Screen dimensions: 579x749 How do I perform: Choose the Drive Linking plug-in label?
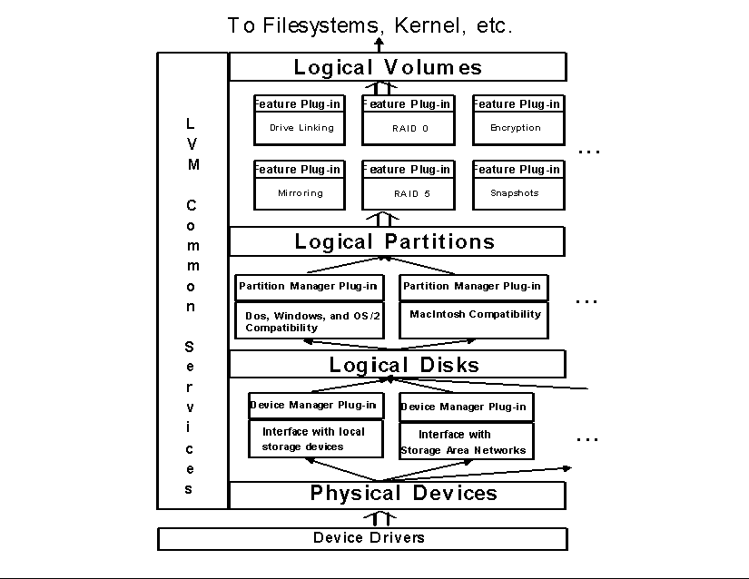(x=301, y=128)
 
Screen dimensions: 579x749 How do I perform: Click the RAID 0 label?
(x=410, y=129)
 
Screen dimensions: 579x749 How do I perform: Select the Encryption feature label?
(x=516, y=128)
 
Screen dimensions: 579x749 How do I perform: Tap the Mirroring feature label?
(x=301, y=193)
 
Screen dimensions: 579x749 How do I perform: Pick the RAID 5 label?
(x=411, y=194)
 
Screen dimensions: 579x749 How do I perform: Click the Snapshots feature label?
(x=515, y=193)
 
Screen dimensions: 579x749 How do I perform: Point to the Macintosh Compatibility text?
(x=475, y=314)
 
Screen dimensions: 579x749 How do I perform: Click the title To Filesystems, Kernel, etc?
(x=370, y=25)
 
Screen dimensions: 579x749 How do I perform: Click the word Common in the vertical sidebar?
(x=191, y=256)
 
